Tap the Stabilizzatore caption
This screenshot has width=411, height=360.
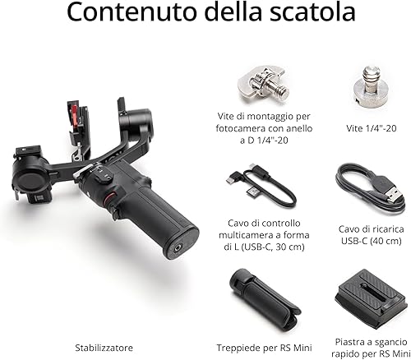pos(104,348)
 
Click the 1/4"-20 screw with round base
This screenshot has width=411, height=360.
pos(372,87)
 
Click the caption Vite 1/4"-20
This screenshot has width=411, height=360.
pos(372,128)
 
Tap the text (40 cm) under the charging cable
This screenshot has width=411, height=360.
pos(386,241)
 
